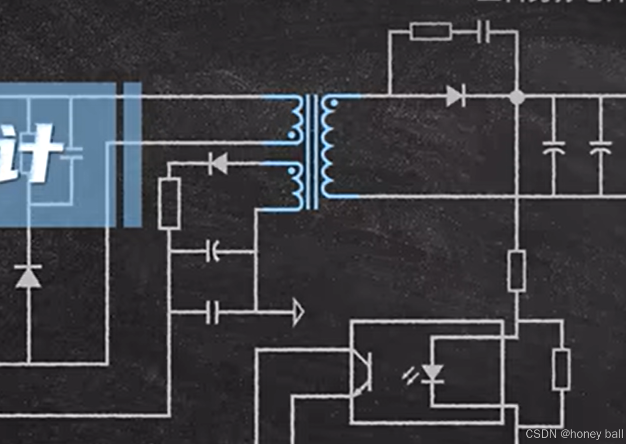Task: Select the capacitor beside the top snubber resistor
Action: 483,32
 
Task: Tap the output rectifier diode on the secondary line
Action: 455,96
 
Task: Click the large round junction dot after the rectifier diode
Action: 517,97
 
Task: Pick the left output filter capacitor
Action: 553,147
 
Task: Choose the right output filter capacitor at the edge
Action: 600,147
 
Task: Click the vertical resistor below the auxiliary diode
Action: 169,203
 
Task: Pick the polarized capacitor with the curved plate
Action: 213,251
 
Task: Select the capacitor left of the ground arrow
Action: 213,312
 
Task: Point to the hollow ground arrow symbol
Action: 298,312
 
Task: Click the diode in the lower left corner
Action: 28,277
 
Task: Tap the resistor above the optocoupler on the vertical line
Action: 517,270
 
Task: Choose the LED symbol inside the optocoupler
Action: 432,373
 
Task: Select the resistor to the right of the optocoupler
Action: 561,369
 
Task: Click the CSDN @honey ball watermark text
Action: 574,434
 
